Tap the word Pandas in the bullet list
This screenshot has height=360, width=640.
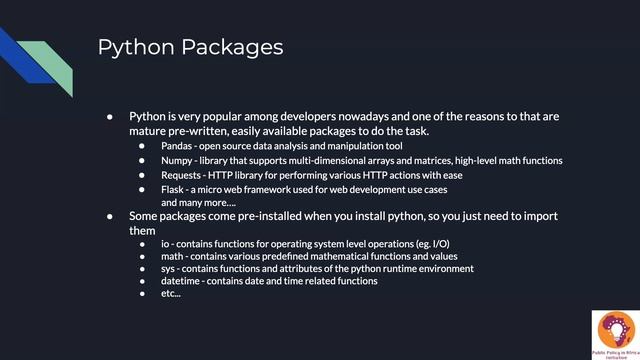coord(177,146)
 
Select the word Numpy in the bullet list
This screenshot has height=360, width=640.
coord(177,160)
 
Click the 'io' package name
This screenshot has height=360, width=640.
coord(165,243)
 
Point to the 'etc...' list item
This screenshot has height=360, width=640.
coord(171,294)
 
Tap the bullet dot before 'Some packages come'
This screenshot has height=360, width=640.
coord(111,216)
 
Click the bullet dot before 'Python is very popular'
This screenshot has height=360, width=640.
coord(111,117)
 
